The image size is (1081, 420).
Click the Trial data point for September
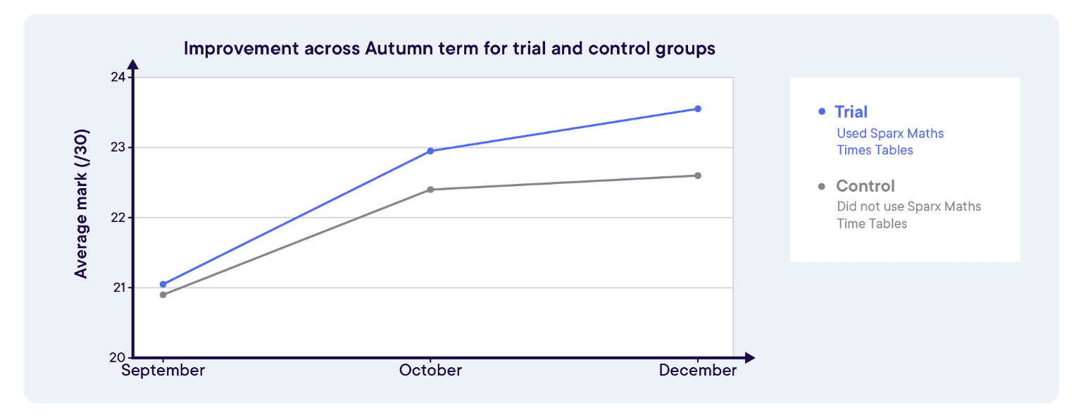click(163, 285)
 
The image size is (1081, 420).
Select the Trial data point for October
click(430, 151)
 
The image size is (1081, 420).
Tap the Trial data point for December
click(698, 109)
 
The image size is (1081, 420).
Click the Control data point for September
click(163, 295)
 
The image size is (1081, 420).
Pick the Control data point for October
click(430, 190)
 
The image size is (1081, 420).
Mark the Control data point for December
click(698, 175)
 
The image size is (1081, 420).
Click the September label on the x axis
click(163, 371)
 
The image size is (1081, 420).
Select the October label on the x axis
click(430, 371)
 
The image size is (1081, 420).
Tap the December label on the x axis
click(698, 371)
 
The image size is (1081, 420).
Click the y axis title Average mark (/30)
click(82, 203)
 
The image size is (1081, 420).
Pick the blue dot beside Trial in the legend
click(822, 112)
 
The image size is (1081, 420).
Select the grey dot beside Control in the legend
click(822, 187)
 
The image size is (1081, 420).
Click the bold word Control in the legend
click(866, 186)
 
